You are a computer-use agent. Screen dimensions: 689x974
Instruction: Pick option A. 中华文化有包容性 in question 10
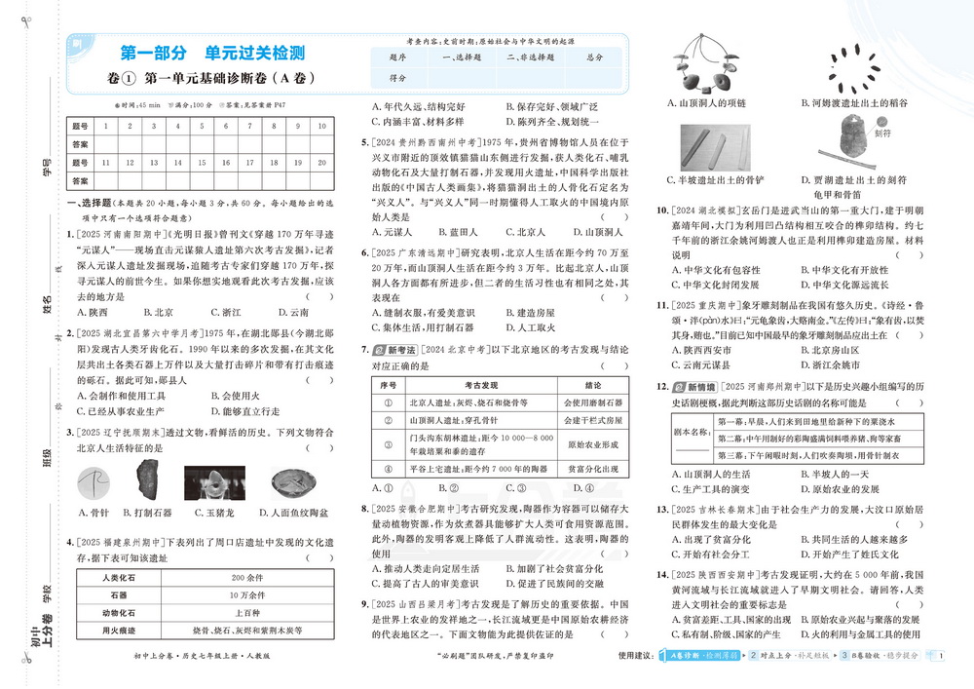coord(713,270)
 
